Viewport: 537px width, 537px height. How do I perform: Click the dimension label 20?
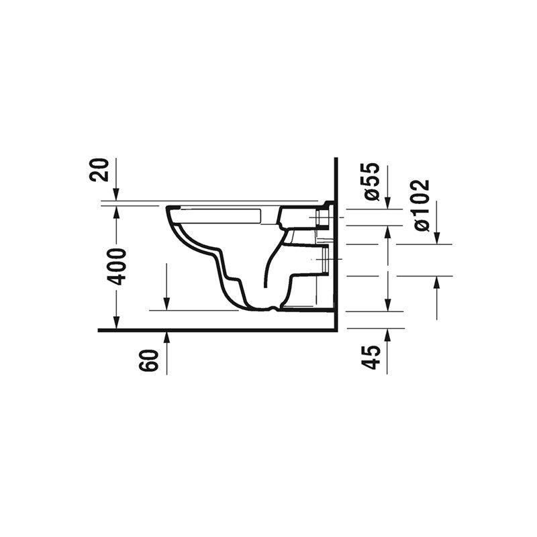pos(99,170)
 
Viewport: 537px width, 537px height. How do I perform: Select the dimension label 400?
pos(116,267)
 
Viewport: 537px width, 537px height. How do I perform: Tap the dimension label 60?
pos(149,360)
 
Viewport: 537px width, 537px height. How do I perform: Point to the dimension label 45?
pos(371,358)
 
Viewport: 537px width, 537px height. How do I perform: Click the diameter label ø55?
pos(371,181)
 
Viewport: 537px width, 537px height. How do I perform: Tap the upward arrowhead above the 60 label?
pos(166,338)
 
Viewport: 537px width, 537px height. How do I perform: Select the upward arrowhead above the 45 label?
pos(387,335)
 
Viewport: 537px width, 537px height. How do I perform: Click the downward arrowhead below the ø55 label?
pos(387,202)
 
